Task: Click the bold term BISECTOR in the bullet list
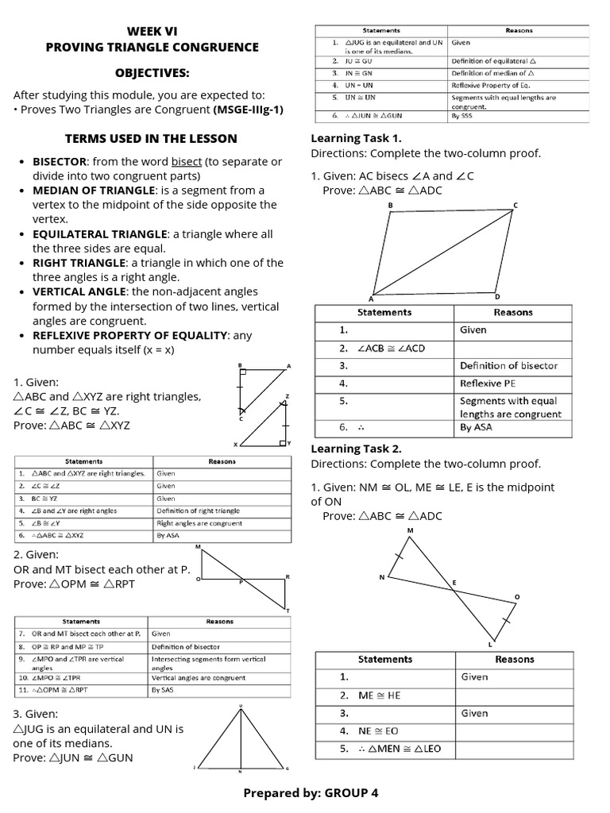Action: [60, 162]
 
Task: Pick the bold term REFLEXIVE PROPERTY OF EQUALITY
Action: [130, 336]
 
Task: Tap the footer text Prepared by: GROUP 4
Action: [305, 792]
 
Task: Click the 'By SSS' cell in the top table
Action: [461, 116]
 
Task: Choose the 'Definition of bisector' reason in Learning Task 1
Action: [508, 366]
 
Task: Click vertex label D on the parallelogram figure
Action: [497, 296]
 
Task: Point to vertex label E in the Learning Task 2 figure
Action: [455, 584]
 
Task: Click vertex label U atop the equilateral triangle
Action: [241, 706]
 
